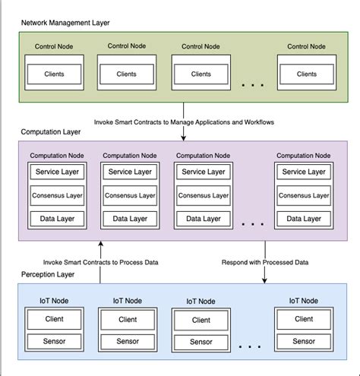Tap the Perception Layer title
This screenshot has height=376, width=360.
49,273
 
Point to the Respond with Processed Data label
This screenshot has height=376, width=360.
264,262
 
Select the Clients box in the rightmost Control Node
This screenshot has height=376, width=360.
306,74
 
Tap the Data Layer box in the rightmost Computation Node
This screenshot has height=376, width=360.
302,220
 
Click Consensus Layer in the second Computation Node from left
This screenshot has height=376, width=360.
129,196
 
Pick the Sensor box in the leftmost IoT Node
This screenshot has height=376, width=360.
54,340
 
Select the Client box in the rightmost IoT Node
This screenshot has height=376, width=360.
304,319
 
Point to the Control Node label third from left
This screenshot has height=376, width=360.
201,46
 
